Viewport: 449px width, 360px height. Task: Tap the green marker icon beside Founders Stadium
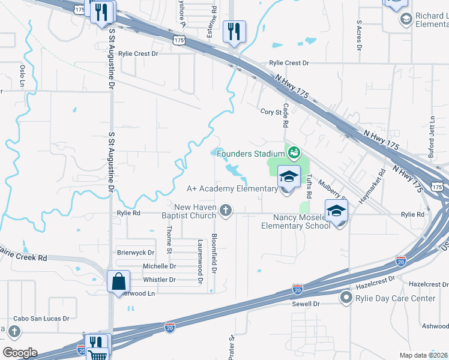tap(294, 153)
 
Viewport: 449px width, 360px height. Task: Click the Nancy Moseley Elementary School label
tap(295, 221)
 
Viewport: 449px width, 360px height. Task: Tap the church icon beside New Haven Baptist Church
tap(226, 210)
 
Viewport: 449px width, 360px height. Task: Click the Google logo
tap(19, 353)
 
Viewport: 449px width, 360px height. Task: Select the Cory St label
tap(271, 112)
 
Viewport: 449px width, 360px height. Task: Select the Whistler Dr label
tap(159, 280)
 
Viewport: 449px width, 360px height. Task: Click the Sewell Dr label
tap(308, 304)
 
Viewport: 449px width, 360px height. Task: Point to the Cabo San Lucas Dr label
tap(41, 319)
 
